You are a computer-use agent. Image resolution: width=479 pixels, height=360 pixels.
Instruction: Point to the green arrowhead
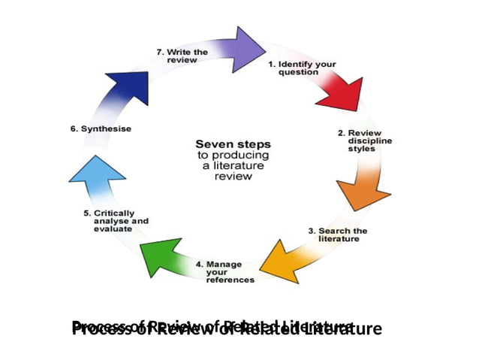(x=161, y=256)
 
